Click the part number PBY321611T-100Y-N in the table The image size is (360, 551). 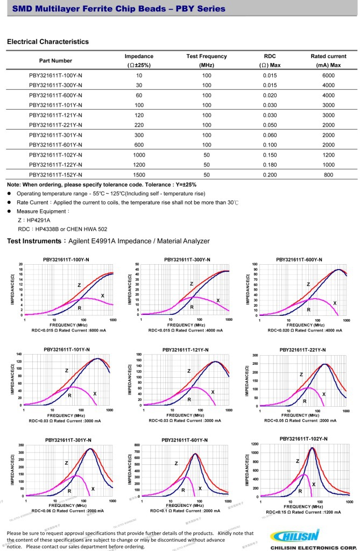click(55, 75)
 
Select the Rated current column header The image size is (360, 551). click(328, 56)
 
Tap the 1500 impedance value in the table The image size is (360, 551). click(139, 175)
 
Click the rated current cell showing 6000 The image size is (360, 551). click(328, 75)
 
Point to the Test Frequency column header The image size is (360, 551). click(207, 56)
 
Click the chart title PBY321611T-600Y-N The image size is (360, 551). click(299, 260)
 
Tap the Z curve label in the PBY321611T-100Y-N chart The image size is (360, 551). click(79, 285)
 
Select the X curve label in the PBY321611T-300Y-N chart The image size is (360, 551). click(218, 300)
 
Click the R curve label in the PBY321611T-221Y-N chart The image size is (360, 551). click(305, 401)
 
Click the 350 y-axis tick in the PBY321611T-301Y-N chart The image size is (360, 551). click(21, 446)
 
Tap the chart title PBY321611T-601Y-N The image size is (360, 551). click(185, 440)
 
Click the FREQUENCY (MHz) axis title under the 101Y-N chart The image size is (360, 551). click(68, 415)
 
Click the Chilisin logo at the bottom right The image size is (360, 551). click(295, 536)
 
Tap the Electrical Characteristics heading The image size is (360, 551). click(48, 41)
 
